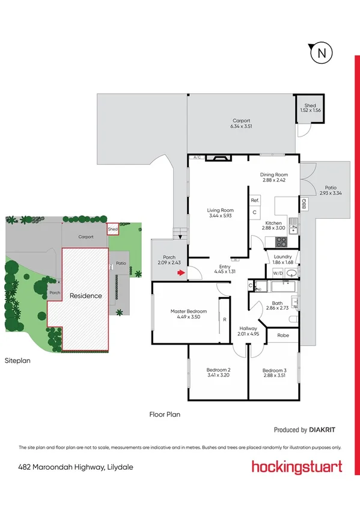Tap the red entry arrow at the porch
180,274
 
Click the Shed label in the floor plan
310,105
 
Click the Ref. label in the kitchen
255,200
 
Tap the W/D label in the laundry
277,274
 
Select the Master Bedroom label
189,311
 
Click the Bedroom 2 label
218,370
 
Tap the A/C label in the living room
196,158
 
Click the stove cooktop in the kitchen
281,242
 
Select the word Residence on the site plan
86,296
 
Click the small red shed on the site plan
112,229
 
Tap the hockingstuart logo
297,467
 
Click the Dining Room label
275,175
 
